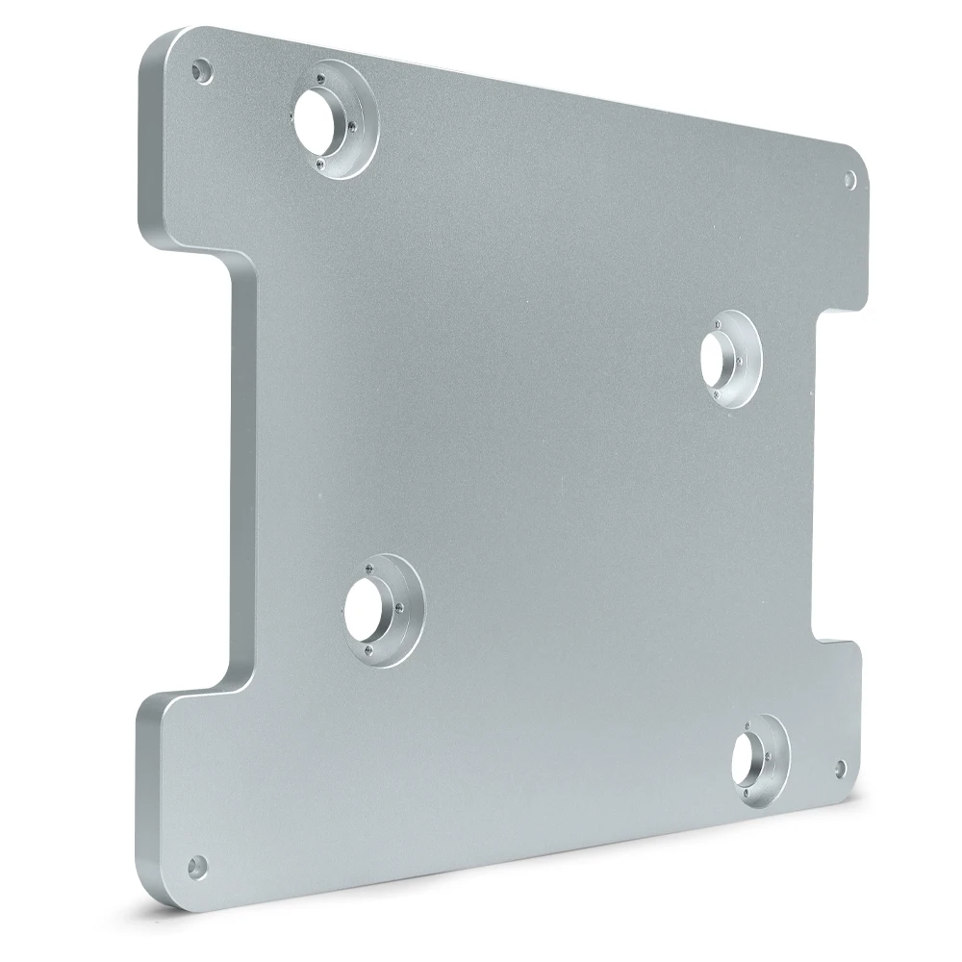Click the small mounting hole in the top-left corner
201,70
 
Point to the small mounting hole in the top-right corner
849,179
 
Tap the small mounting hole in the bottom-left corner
196,866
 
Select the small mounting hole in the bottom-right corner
841,768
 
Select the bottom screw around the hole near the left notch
367,656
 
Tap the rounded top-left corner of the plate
160,43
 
